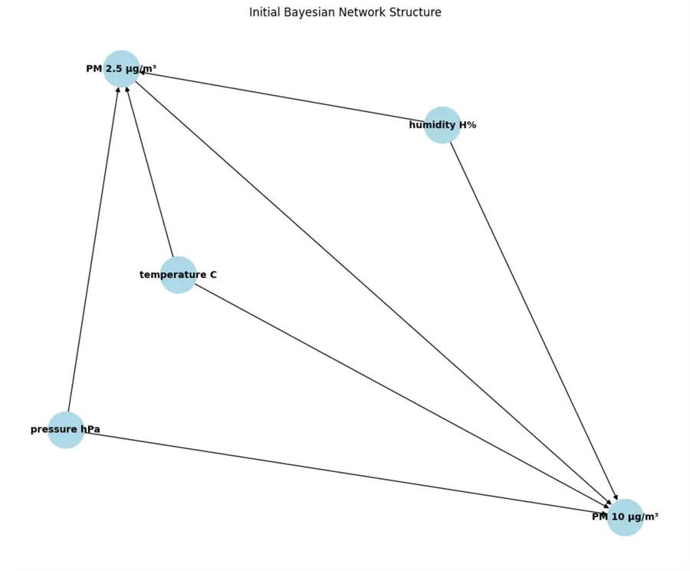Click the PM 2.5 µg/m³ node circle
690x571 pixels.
[121, 68]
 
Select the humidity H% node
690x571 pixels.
[442, 124]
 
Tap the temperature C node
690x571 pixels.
[178, 274]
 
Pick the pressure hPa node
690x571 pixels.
[66, 429]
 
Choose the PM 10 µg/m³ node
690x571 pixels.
[625, 517]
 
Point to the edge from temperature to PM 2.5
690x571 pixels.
[150, 173]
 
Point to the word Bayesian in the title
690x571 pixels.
[310, 13]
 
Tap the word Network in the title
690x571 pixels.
[363, 13]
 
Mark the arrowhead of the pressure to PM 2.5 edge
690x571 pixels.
[118, 90]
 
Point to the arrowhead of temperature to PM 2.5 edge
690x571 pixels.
[127, 90]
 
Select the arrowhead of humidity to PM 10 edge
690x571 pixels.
[615, 500]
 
